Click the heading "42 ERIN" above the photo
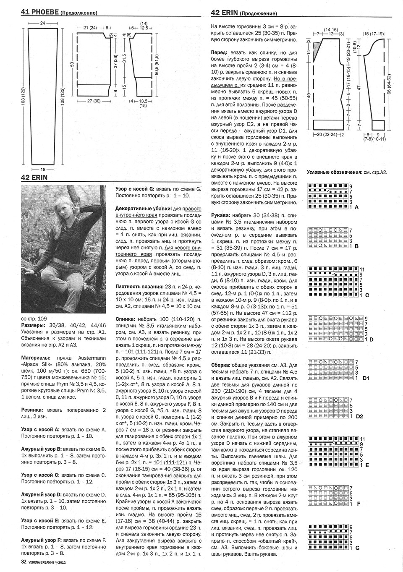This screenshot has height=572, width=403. click(34, 178)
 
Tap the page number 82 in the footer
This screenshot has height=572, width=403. click(24, 562)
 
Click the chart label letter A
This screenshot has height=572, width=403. click(356, 207)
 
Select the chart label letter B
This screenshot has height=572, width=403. click(356, 247)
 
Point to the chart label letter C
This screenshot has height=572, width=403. click(367, 295)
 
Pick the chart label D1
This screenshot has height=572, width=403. click(366, 378)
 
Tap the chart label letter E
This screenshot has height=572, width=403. click(367, 465)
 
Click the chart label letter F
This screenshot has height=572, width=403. click(358, 503)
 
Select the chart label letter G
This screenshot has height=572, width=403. click(357, 548)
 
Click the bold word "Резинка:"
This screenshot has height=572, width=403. click(34, 409)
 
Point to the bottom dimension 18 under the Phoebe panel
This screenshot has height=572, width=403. click(42, 169)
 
